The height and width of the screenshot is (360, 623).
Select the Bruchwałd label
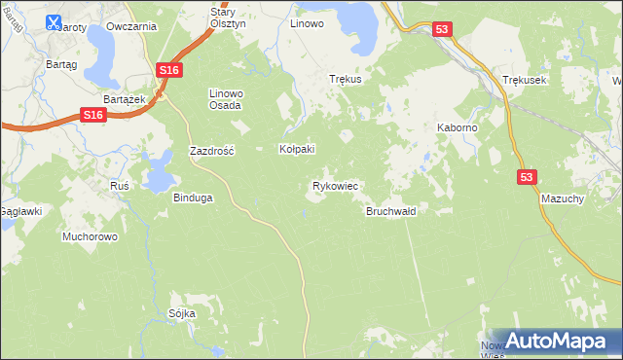tap(391, 211)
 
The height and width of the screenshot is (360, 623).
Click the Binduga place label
tap(193, 198)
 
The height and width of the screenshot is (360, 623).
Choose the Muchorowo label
tap(90, 236)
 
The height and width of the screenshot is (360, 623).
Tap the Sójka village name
tap(182, 313)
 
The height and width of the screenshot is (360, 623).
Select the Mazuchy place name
tap(562, 198)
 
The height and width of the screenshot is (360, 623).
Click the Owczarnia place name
tap(132, 26)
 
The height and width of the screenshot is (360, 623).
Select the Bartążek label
tap(125, 100)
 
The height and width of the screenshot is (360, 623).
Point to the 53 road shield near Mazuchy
tap(527, 176)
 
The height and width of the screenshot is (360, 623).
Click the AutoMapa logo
tap(556, 341)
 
